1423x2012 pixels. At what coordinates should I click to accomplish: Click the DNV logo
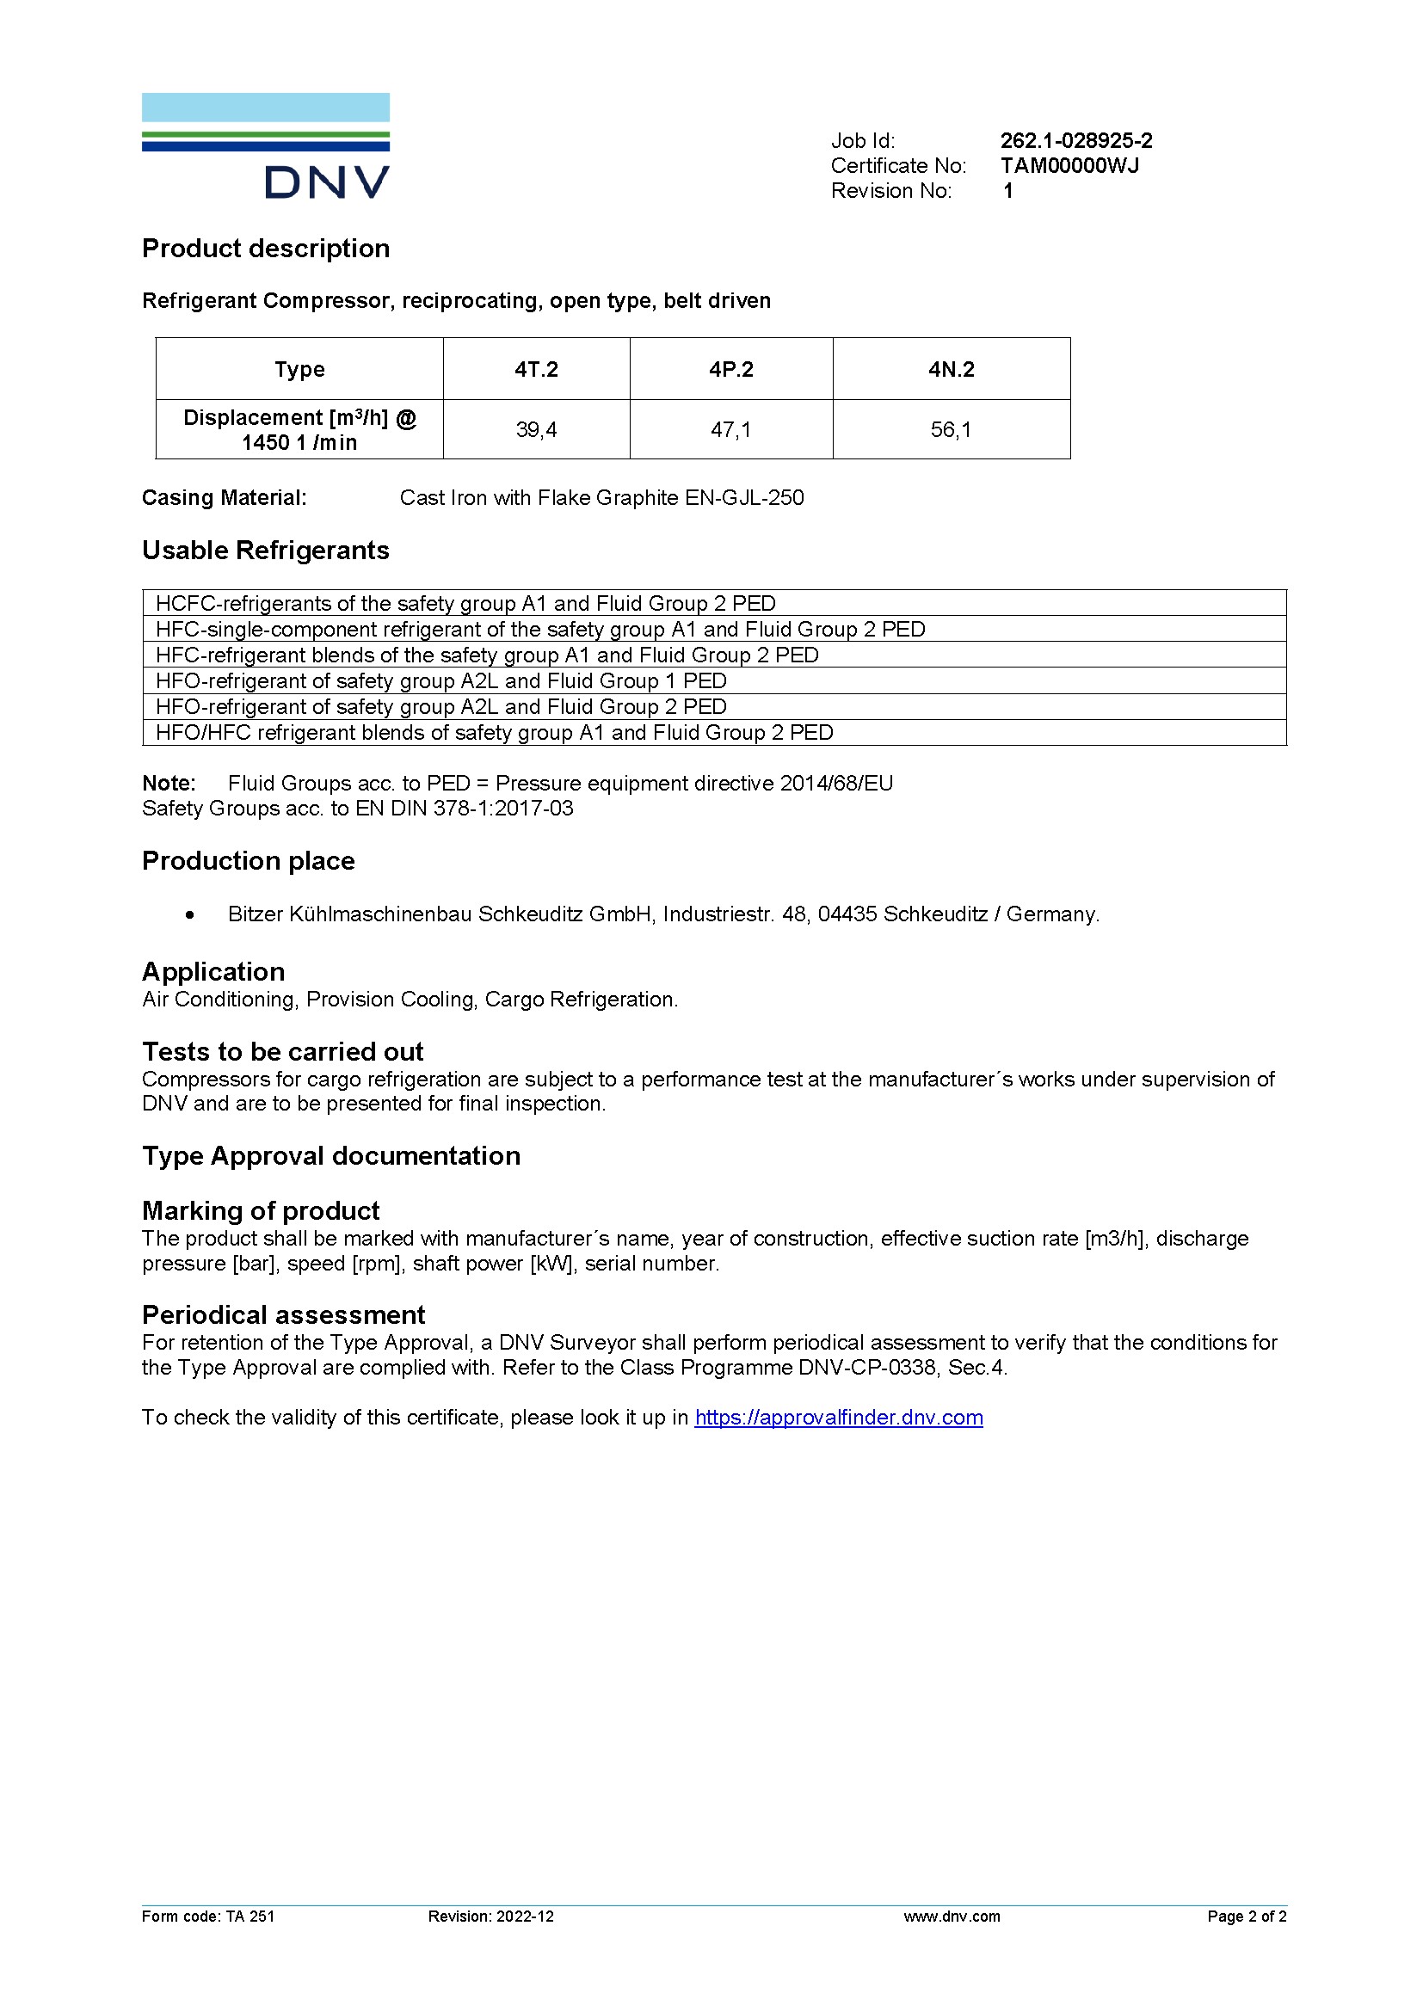(266, 145)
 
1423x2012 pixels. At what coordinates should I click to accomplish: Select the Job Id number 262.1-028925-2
(1076, 141)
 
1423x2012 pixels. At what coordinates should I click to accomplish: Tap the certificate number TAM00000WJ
(1069, 166)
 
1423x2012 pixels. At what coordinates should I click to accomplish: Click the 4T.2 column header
(536, 369)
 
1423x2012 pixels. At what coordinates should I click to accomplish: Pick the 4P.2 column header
(730, 369)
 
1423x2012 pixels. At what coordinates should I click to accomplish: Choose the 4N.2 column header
(951, 369)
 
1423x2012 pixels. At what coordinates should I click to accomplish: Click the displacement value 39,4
(536, 429)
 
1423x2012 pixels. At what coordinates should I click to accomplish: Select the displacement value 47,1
(730, 429)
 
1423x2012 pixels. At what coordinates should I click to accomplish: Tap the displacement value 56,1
(951, 429)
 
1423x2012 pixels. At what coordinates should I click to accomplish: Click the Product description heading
(266, 249)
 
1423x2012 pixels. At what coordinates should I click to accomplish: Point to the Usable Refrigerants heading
(266, 551)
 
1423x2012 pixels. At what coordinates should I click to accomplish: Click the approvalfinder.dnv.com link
(839, 1417)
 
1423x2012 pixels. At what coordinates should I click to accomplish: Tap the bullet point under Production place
(190, 915)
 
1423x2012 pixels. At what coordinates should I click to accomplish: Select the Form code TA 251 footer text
(208, 1917)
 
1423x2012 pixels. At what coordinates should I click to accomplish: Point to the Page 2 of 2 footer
(1246, 1917)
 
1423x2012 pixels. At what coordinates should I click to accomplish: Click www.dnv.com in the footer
(952, 1917)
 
